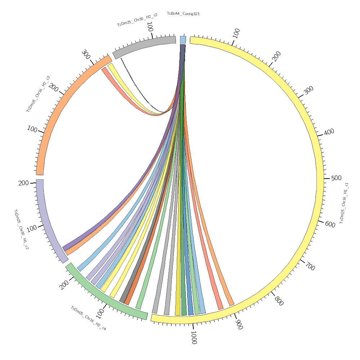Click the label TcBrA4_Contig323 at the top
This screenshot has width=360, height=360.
183,14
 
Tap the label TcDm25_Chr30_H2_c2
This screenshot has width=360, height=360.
137,20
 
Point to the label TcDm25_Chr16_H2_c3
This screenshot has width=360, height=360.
38,94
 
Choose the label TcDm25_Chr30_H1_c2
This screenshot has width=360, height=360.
21,229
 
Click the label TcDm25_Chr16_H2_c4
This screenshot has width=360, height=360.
88,318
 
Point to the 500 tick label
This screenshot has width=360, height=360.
336,178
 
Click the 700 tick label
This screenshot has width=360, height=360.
310,267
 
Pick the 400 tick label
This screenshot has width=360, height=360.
329,132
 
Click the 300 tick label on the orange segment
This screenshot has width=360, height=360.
86,55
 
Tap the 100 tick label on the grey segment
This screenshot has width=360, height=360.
150,27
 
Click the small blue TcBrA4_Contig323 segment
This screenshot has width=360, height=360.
183,40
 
